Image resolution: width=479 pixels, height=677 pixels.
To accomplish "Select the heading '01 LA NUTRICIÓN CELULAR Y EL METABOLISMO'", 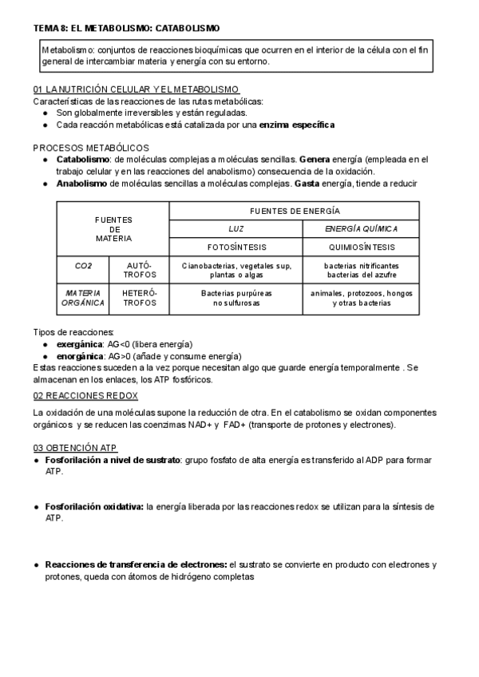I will (137, 89).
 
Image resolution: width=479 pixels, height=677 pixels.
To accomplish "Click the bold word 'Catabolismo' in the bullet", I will (83, 160).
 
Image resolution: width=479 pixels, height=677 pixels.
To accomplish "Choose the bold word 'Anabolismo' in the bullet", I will (81, 184).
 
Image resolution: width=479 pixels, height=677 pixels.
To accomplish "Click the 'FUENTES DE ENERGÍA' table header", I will (295, 211).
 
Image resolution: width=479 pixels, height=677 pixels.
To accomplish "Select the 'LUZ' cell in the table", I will (236, 228).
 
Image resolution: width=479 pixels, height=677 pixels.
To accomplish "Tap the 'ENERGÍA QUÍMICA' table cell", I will (361, 228).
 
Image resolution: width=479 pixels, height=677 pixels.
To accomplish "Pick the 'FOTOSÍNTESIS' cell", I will (236, 247).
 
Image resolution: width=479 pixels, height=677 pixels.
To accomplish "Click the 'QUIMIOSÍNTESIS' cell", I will (361, 247).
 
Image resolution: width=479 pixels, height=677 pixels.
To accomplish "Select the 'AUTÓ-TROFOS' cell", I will (140, 270).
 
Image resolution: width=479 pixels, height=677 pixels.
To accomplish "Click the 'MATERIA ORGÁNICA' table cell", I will (84, 298).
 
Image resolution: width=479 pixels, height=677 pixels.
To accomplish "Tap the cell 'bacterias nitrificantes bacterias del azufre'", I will (361, 270).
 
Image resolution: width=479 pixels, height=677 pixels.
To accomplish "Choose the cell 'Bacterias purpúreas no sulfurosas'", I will (236, 298).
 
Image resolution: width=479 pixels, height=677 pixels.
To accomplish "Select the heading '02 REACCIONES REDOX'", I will (85, 396).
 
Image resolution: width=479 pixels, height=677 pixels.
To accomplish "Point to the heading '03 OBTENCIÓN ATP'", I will (76, 448).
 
